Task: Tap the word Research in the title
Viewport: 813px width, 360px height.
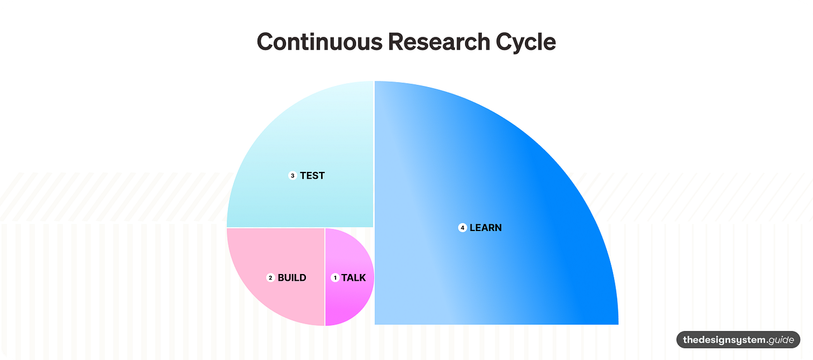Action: click(x=434, y=42)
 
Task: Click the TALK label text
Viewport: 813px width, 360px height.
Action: click(x=353, y=277)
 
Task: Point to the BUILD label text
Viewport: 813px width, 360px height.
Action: click(x=292, y=277)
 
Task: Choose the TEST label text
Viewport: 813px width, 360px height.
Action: click(x=312, y=176)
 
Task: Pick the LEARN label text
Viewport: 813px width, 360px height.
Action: click(x=486, y=228)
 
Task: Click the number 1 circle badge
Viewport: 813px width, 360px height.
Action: click(x=335, y=277)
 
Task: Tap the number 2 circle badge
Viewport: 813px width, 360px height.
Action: click(x=270, y=277)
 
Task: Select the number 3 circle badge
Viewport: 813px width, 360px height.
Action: click(x=293, y=176)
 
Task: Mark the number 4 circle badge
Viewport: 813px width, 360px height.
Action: click(x=462, y=228)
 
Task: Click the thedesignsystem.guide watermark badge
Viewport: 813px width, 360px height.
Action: click(x=738, y=340)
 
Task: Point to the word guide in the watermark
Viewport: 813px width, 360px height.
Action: click(x=781, y=340)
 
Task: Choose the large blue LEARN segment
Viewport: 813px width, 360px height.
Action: click(x=503, y=167)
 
